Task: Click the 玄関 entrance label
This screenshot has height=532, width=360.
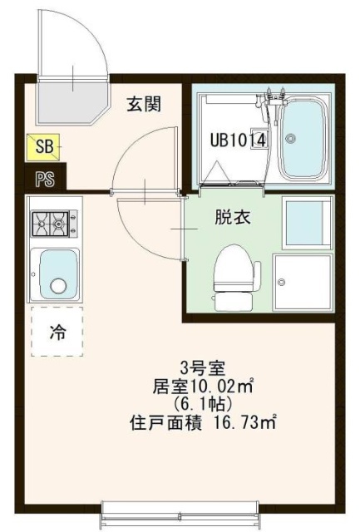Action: coord(144,104)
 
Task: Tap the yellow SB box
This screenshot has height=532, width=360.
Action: coord(43,147)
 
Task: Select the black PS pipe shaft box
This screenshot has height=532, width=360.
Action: coord(46,179)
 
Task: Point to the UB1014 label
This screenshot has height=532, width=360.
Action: coord(238,140)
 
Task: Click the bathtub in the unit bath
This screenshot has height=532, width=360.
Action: coord(303,139)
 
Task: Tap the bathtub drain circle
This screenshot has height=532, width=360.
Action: coord(290,138)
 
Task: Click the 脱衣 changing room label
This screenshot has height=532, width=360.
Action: coord(233,217)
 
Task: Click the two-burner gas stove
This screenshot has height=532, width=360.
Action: coord(54,224)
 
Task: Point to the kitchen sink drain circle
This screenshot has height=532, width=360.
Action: coord(58,285)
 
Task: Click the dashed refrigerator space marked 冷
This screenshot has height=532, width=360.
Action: coord(57,332)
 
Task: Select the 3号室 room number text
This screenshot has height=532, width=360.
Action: coord(202,367)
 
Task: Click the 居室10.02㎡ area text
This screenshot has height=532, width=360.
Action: coord(204,386)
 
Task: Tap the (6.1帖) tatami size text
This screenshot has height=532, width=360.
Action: coord(203,404)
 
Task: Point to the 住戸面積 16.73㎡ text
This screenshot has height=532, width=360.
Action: coord(203,423)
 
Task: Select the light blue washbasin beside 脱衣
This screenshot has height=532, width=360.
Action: coord(308,223)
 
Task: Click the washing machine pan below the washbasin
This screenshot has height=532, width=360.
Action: coord(303,283)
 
